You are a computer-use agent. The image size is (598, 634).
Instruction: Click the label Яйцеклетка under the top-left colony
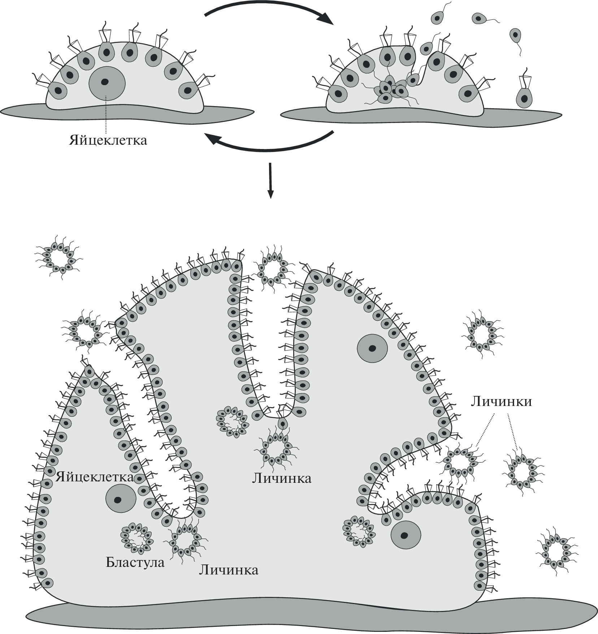click(x=108, y=140)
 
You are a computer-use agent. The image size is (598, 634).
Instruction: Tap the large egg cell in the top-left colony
click(x=107, y=83)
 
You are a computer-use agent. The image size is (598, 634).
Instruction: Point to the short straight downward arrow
click(x=270, y=180)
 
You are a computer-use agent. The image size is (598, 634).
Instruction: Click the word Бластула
click(x=135, y=562)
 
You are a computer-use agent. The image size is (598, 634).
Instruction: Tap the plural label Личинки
click(x=501, y=401)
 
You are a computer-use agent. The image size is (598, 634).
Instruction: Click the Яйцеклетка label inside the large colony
click(x=95, y=477)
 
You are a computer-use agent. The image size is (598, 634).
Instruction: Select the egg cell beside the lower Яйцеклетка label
click(x=121, y=499)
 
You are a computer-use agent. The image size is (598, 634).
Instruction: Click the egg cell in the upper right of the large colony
click(x=372, y=348)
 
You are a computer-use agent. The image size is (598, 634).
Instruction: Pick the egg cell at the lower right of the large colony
click(x=406, y=535)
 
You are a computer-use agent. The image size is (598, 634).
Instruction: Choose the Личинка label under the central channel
click(x=282, y=478)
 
